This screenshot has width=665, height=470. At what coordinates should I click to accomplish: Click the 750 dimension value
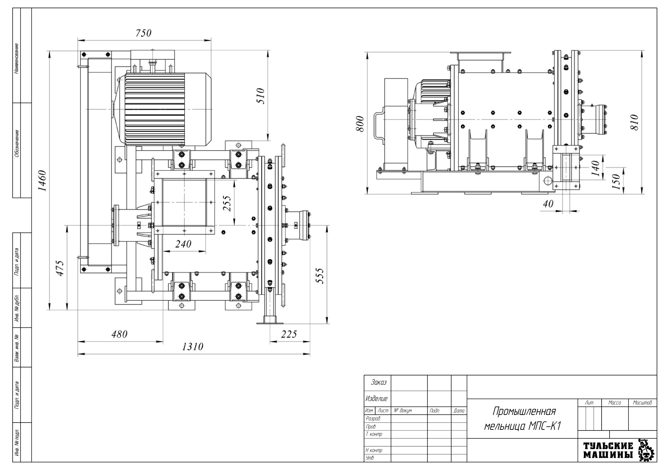(143, 33)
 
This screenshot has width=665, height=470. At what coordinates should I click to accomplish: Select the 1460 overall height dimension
(42, 181)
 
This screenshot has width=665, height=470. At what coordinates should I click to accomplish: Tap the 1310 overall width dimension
(193, 347)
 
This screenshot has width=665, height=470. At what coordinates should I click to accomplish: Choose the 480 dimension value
(119, 334)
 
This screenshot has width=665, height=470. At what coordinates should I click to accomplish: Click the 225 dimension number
(289, 334)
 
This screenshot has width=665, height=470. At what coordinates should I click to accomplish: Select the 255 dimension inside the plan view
(227, 205)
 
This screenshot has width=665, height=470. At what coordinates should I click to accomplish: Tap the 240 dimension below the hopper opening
(183, 244)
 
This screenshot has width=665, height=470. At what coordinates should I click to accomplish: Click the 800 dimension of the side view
(360, 125)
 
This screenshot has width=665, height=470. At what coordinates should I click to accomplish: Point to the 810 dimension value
(634, 122)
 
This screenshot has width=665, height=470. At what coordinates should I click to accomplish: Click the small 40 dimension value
(548, 204)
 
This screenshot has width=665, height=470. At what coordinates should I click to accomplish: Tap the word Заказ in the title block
(378, 382)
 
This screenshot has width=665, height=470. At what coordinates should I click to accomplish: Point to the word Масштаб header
(642, 403)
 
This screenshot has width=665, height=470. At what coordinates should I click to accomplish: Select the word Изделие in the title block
(377, 399)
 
